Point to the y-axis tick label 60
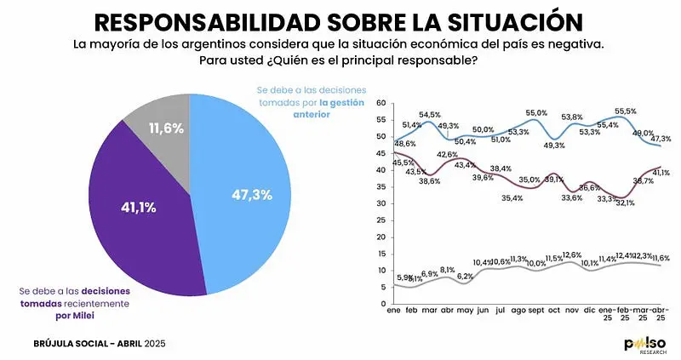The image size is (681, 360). click(381, 104)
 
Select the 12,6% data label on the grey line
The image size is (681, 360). click(572, 254)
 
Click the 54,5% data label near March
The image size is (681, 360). click(429, 115)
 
